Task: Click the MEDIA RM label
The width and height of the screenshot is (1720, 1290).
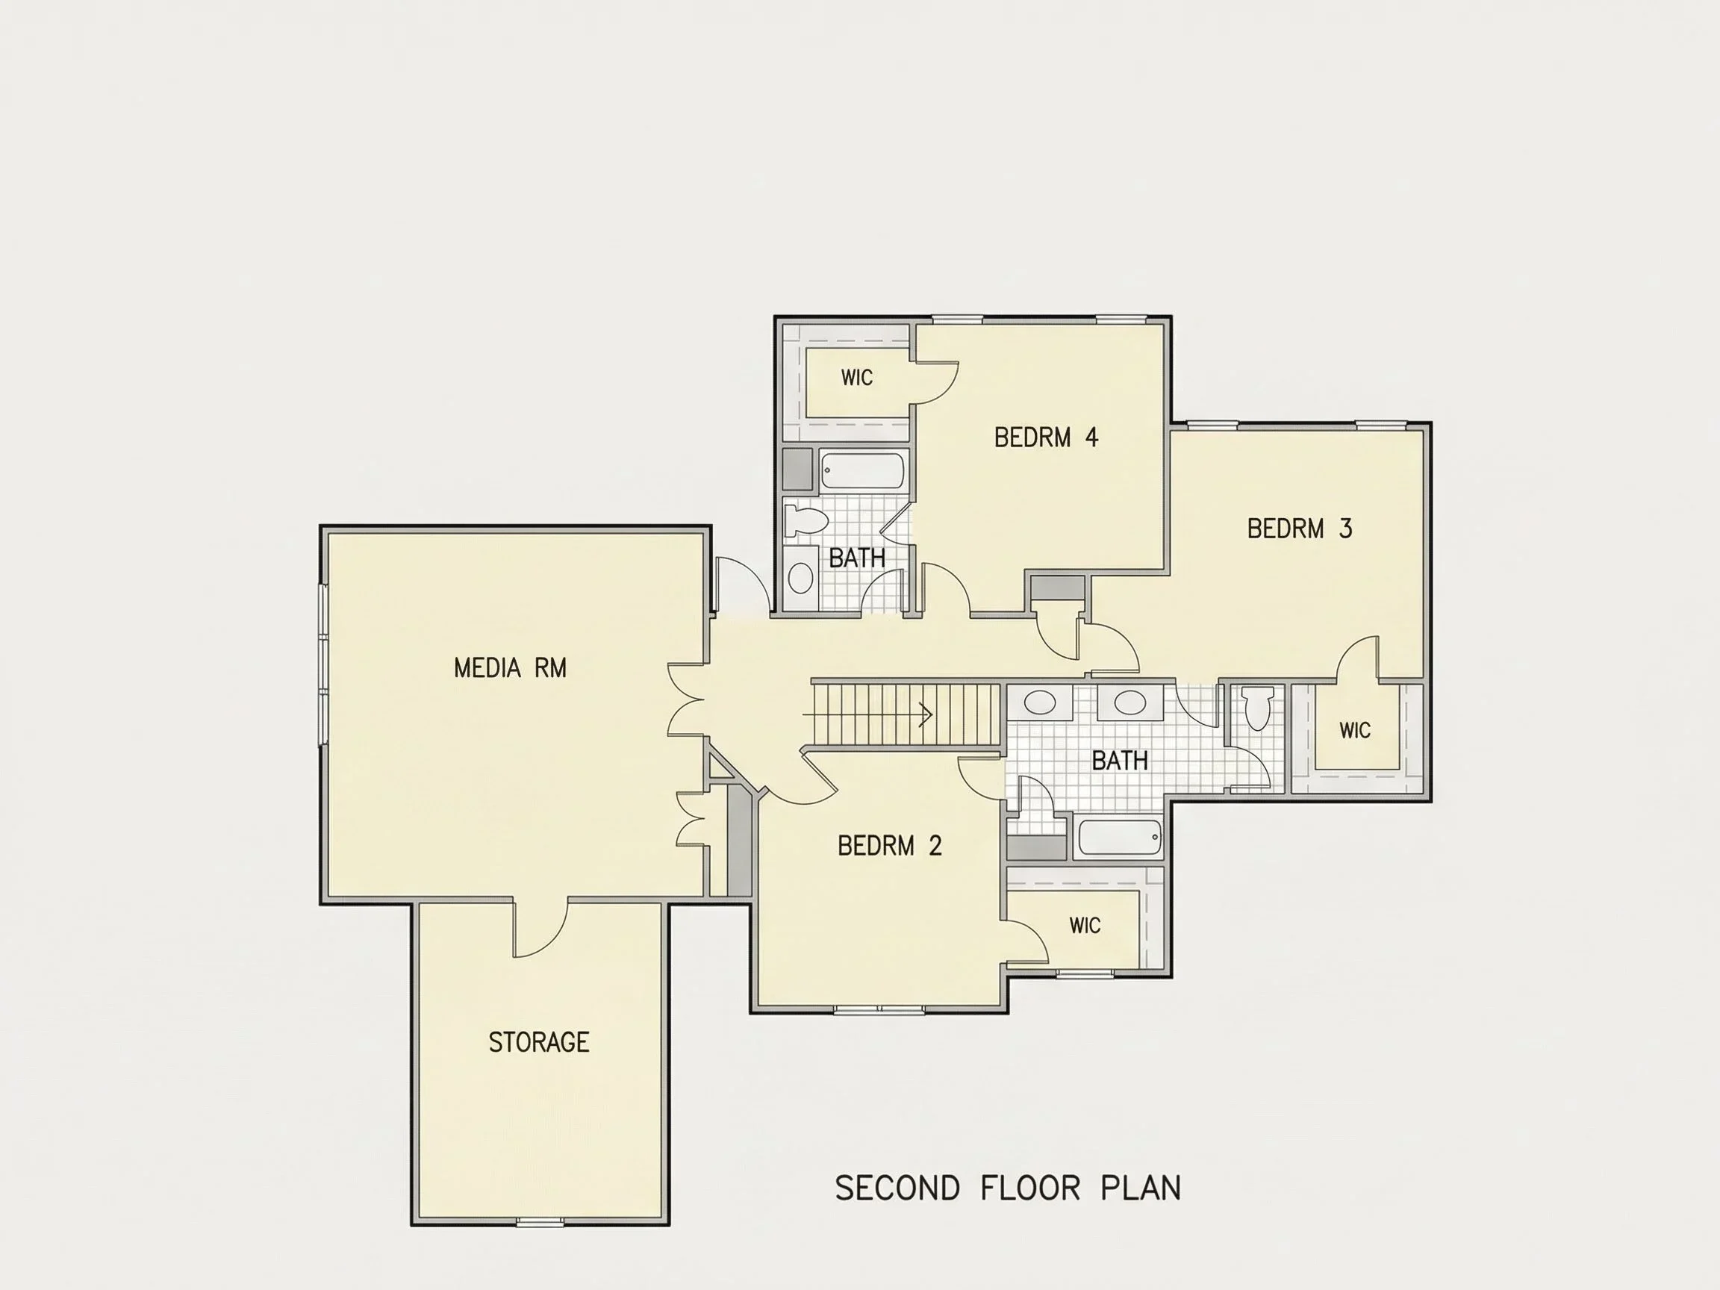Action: pos(510,668)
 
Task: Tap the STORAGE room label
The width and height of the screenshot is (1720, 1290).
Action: pos(539,1042)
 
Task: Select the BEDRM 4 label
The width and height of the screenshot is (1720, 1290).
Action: pos(1046,437)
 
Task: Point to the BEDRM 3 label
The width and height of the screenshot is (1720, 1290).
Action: pos(1299,529)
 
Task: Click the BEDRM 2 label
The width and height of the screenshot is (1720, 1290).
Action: pos(890,845)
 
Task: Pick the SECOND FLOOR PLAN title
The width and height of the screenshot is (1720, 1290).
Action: pos(1008,1188)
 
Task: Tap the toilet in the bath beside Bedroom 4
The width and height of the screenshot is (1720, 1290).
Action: pos(799,520)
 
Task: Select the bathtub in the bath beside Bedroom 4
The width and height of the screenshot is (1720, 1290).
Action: pos(862,470)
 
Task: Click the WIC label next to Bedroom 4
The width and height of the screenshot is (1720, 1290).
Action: pos(857,378)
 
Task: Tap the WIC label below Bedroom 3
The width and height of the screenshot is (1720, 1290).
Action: pos(1354,730)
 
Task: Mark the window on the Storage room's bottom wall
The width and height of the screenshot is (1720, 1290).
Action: pos(540,1222)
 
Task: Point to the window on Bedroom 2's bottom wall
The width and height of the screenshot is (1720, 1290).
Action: pos(879,1010)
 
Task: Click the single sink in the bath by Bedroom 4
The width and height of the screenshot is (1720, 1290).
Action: pos(800,578)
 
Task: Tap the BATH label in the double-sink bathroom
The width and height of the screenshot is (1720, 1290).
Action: pos(1120,761)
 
